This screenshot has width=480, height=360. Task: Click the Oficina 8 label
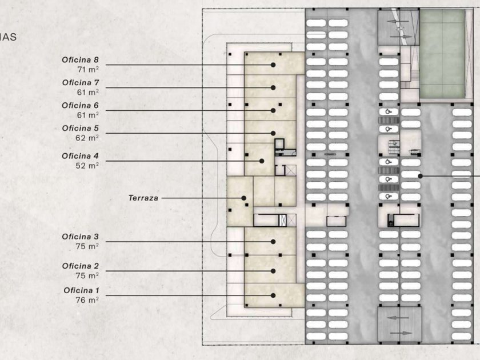[80, 59]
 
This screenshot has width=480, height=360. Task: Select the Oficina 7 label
[80, 82]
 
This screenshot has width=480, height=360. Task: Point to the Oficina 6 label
[80, 106]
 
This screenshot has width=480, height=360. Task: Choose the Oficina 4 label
[80, 156]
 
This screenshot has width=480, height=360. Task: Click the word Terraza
[143, 198]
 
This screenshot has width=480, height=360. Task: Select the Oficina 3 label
[80, 237]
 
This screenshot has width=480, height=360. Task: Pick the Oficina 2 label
[80, 266]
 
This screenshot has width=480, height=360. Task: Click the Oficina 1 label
[81, 290]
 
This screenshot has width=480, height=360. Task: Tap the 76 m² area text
[87, 299]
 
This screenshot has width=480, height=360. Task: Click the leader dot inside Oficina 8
[273, 65]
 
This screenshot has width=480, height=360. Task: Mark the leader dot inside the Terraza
[244, 198]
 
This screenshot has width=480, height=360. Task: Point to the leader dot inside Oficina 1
[273, 295]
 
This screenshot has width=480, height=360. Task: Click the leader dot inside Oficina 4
[262, 161]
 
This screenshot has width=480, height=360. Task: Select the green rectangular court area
[442, 54]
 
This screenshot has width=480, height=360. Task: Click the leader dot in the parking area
[421, 176]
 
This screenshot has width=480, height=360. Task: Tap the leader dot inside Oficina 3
[273, 242]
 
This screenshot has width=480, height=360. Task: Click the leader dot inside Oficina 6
[273, 110]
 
